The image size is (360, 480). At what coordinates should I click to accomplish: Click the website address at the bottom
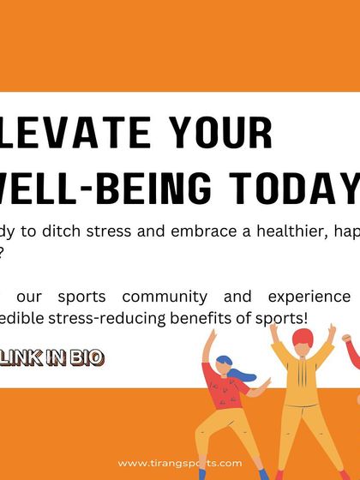(180, 464)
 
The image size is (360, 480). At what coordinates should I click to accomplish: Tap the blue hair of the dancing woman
(225, 363)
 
